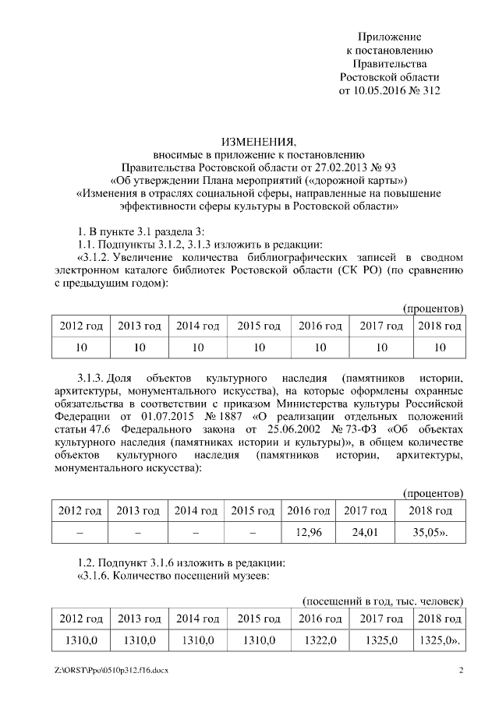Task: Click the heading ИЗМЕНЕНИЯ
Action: pos(259,142)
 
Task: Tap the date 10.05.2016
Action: pos(371,90)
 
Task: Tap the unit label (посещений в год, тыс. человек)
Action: pos(382,601)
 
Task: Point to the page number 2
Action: pos(460,671)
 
